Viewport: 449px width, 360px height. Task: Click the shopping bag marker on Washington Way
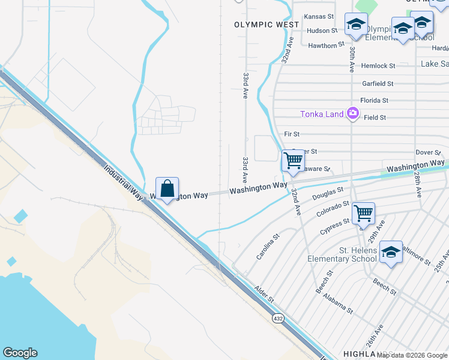pos(167,189)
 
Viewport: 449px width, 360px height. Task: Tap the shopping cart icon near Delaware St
pos(292,161)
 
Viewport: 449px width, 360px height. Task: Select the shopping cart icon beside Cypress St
pos(363,213)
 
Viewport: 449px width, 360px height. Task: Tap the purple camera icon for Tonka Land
pos(352,113)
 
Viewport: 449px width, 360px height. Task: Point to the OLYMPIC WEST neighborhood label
pos(267,25)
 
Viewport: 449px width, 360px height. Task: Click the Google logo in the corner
pos(20,353)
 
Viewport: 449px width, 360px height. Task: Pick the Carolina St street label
pos(268,247)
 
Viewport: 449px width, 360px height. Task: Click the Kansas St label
pos(319,17)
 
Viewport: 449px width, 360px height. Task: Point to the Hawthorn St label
pos(326,45)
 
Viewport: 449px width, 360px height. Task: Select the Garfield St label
pos(378,84)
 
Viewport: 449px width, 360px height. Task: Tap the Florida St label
pos(374,100)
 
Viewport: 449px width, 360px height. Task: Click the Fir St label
pos(292,134)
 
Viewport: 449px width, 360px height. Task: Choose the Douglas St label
pos(327,193)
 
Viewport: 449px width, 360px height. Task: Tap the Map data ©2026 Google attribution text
pos(412,355)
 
